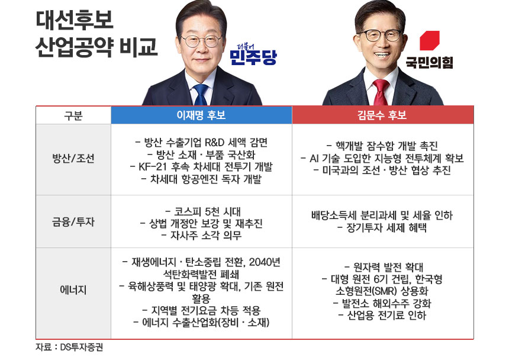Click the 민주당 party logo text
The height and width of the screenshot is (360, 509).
tap(253, 57)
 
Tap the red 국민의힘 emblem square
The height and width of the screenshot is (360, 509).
tap(429, 41)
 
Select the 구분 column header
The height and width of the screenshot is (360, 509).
tap(73, 115)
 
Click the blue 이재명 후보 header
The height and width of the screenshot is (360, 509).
tap(201, 115)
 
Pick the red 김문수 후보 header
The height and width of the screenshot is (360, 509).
tap(382, 115)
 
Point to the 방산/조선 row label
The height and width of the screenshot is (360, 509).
tap(73, 159)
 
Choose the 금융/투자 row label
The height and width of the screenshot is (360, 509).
tap(73, 222)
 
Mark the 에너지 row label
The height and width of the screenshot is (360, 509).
tap(73, 290)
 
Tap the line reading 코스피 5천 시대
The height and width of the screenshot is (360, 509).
tap(201, 211)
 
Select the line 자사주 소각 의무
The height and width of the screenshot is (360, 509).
tap(201, 235)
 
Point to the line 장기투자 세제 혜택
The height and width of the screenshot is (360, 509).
tap(382, 228)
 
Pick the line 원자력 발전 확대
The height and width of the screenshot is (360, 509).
tap(382, 266)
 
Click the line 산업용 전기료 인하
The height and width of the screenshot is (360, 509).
tap(382, 316)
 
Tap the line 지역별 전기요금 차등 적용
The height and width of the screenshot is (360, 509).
tap(201, 310)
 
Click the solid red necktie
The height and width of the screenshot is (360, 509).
tap(380, 93)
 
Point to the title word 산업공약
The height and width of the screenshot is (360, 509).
tap(76, 47)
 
